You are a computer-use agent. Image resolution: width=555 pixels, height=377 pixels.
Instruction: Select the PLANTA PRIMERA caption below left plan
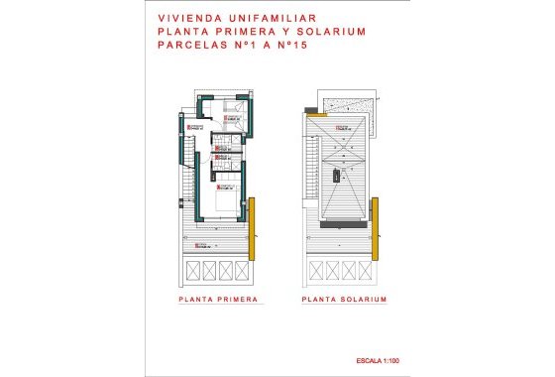(218, 299)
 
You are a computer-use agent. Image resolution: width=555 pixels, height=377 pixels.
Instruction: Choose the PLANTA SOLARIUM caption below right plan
(344, 299)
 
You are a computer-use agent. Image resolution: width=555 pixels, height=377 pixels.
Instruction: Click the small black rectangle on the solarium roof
(337, 175)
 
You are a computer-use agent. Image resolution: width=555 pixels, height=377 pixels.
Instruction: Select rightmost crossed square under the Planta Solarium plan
(366, 269)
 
